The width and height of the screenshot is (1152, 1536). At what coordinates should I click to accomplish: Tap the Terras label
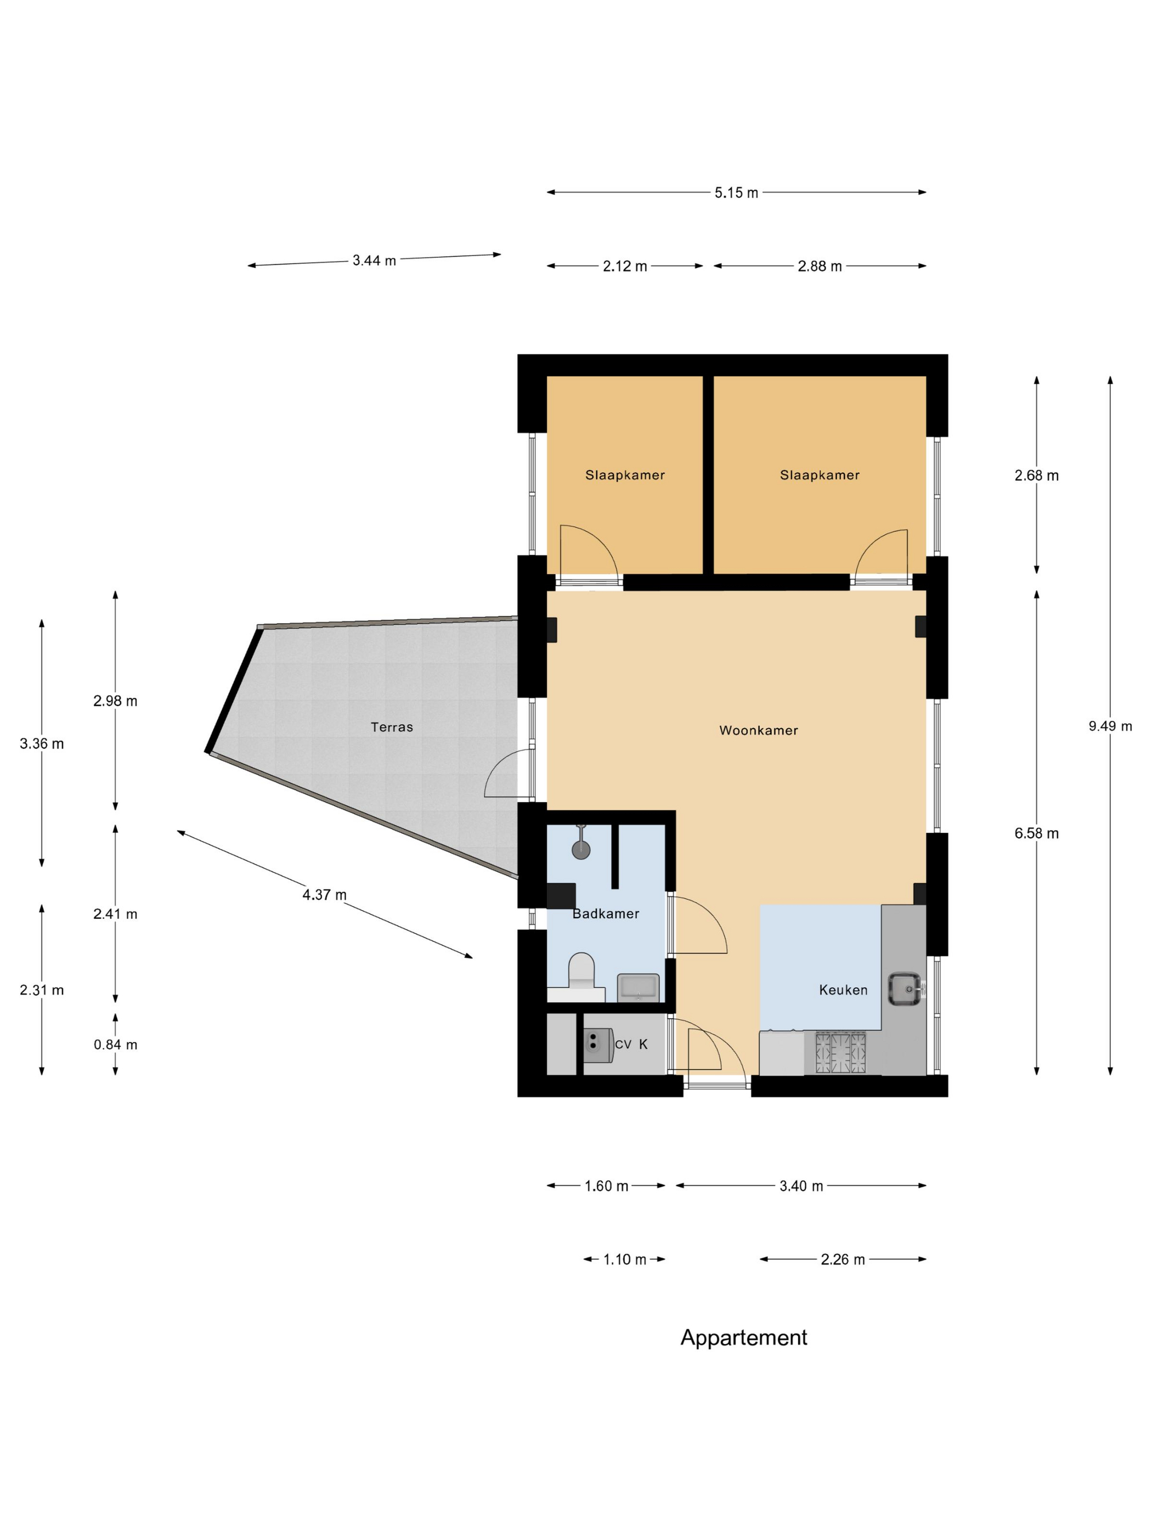[392, 727]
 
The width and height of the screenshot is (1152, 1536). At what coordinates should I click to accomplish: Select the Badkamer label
[606, 914]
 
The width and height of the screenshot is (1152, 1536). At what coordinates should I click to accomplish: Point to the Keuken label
[843, 990]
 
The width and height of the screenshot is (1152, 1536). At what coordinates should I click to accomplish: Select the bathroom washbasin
[638, 987]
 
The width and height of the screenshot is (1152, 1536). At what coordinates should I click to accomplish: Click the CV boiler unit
[597, 1045]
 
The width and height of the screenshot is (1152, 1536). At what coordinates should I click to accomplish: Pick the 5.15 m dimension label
[736, 193]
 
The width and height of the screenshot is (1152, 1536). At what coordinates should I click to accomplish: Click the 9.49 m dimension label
[1110, 726]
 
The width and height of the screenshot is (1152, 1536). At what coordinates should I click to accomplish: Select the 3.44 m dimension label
[374, 261]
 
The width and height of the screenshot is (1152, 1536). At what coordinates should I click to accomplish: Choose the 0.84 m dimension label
[115, 1044]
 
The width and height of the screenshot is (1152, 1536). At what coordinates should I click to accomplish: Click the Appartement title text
[744, 1337]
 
